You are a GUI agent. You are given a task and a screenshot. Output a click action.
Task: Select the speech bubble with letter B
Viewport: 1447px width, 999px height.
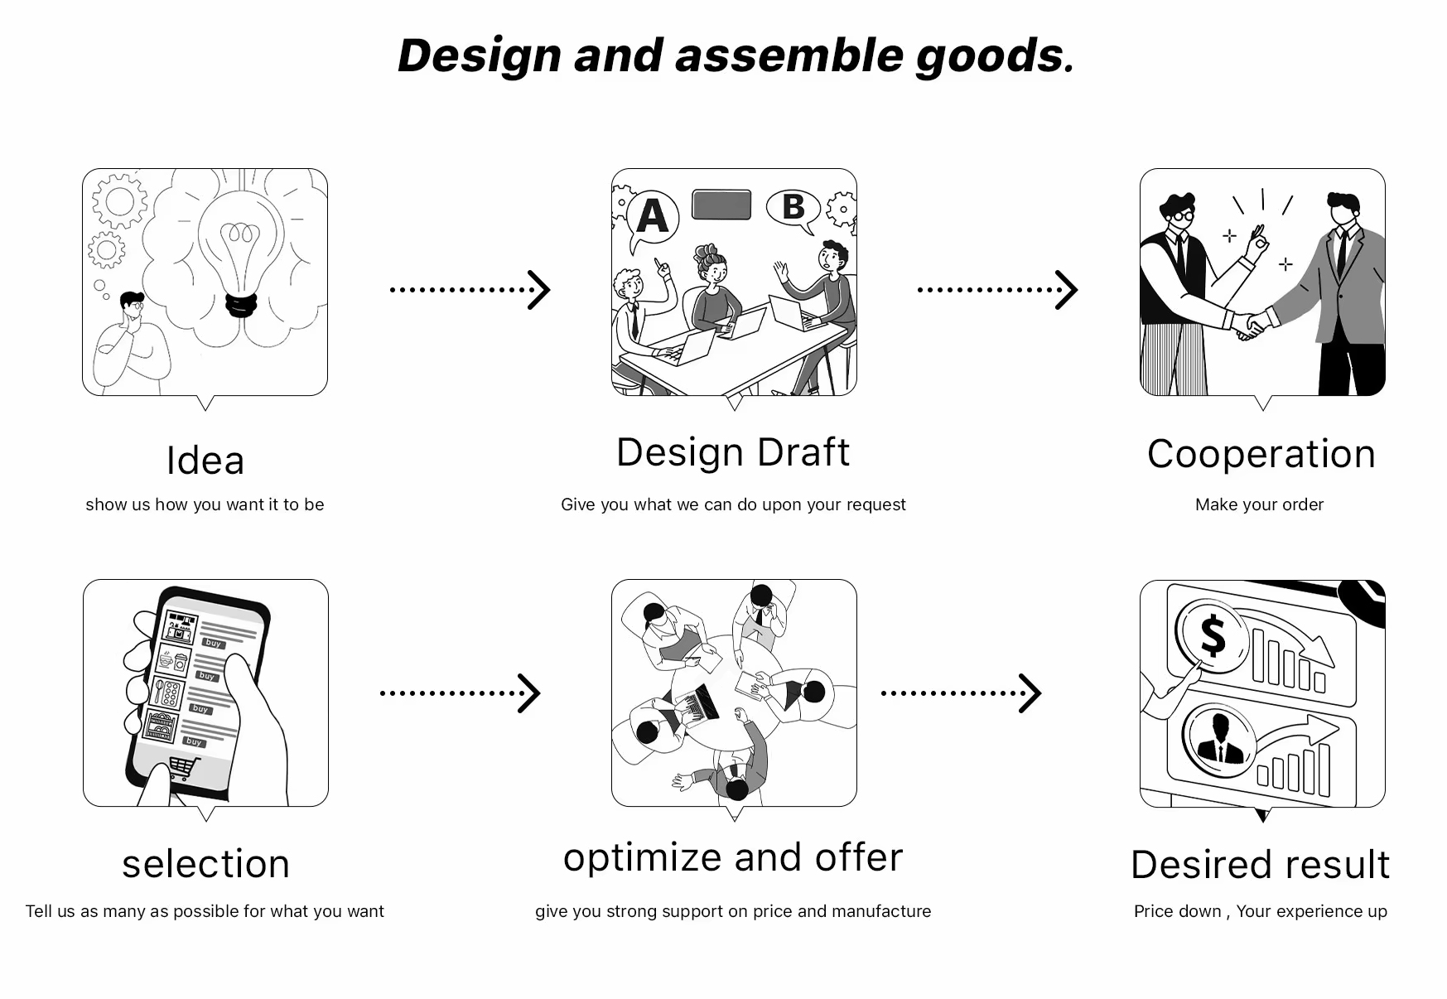pos(793,207)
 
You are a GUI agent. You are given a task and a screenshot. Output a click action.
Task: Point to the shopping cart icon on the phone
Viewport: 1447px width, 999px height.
pos(184,767)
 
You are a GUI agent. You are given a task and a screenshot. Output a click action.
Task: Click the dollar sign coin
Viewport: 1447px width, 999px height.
pos(1212,635)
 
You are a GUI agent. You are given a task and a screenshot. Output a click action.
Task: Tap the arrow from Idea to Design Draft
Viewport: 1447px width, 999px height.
pos(470,290)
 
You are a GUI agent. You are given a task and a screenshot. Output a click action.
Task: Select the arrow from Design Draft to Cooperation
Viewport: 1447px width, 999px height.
pos(997,290)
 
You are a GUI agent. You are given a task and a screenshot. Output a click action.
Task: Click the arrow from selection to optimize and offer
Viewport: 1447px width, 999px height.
pos(460,693)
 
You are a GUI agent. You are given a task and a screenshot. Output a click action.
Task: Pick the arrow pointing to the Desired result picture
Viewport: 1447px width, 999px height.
pos(961,693)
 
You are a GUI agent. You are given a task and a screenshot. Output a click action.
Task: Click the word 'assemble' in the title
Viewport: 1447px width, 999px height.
pos(789,55)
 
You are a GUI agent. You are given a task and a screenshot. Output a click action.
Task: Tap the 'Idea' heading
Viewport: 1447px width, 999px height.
pos(205,461)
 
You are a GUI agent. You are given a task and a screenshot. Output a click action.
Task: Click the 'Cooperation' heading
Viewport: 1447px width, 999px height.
pos(1261,454)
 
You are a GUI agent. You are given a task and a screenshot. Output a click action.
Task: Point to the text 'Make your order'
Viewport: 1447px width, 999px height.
pos(1259,504)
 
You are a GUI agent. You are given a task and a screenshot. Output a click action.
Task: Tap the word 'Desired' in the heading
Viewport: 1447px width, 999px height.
pos(1194,865)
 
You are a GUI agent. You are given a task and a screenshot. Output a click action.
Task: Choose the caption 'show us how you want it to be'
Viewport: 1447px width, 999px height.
pos(205,504)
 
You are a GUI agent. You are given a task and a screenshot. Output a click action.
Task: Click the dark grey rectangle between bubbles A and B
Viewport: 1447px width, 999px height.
pos(721,205)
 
